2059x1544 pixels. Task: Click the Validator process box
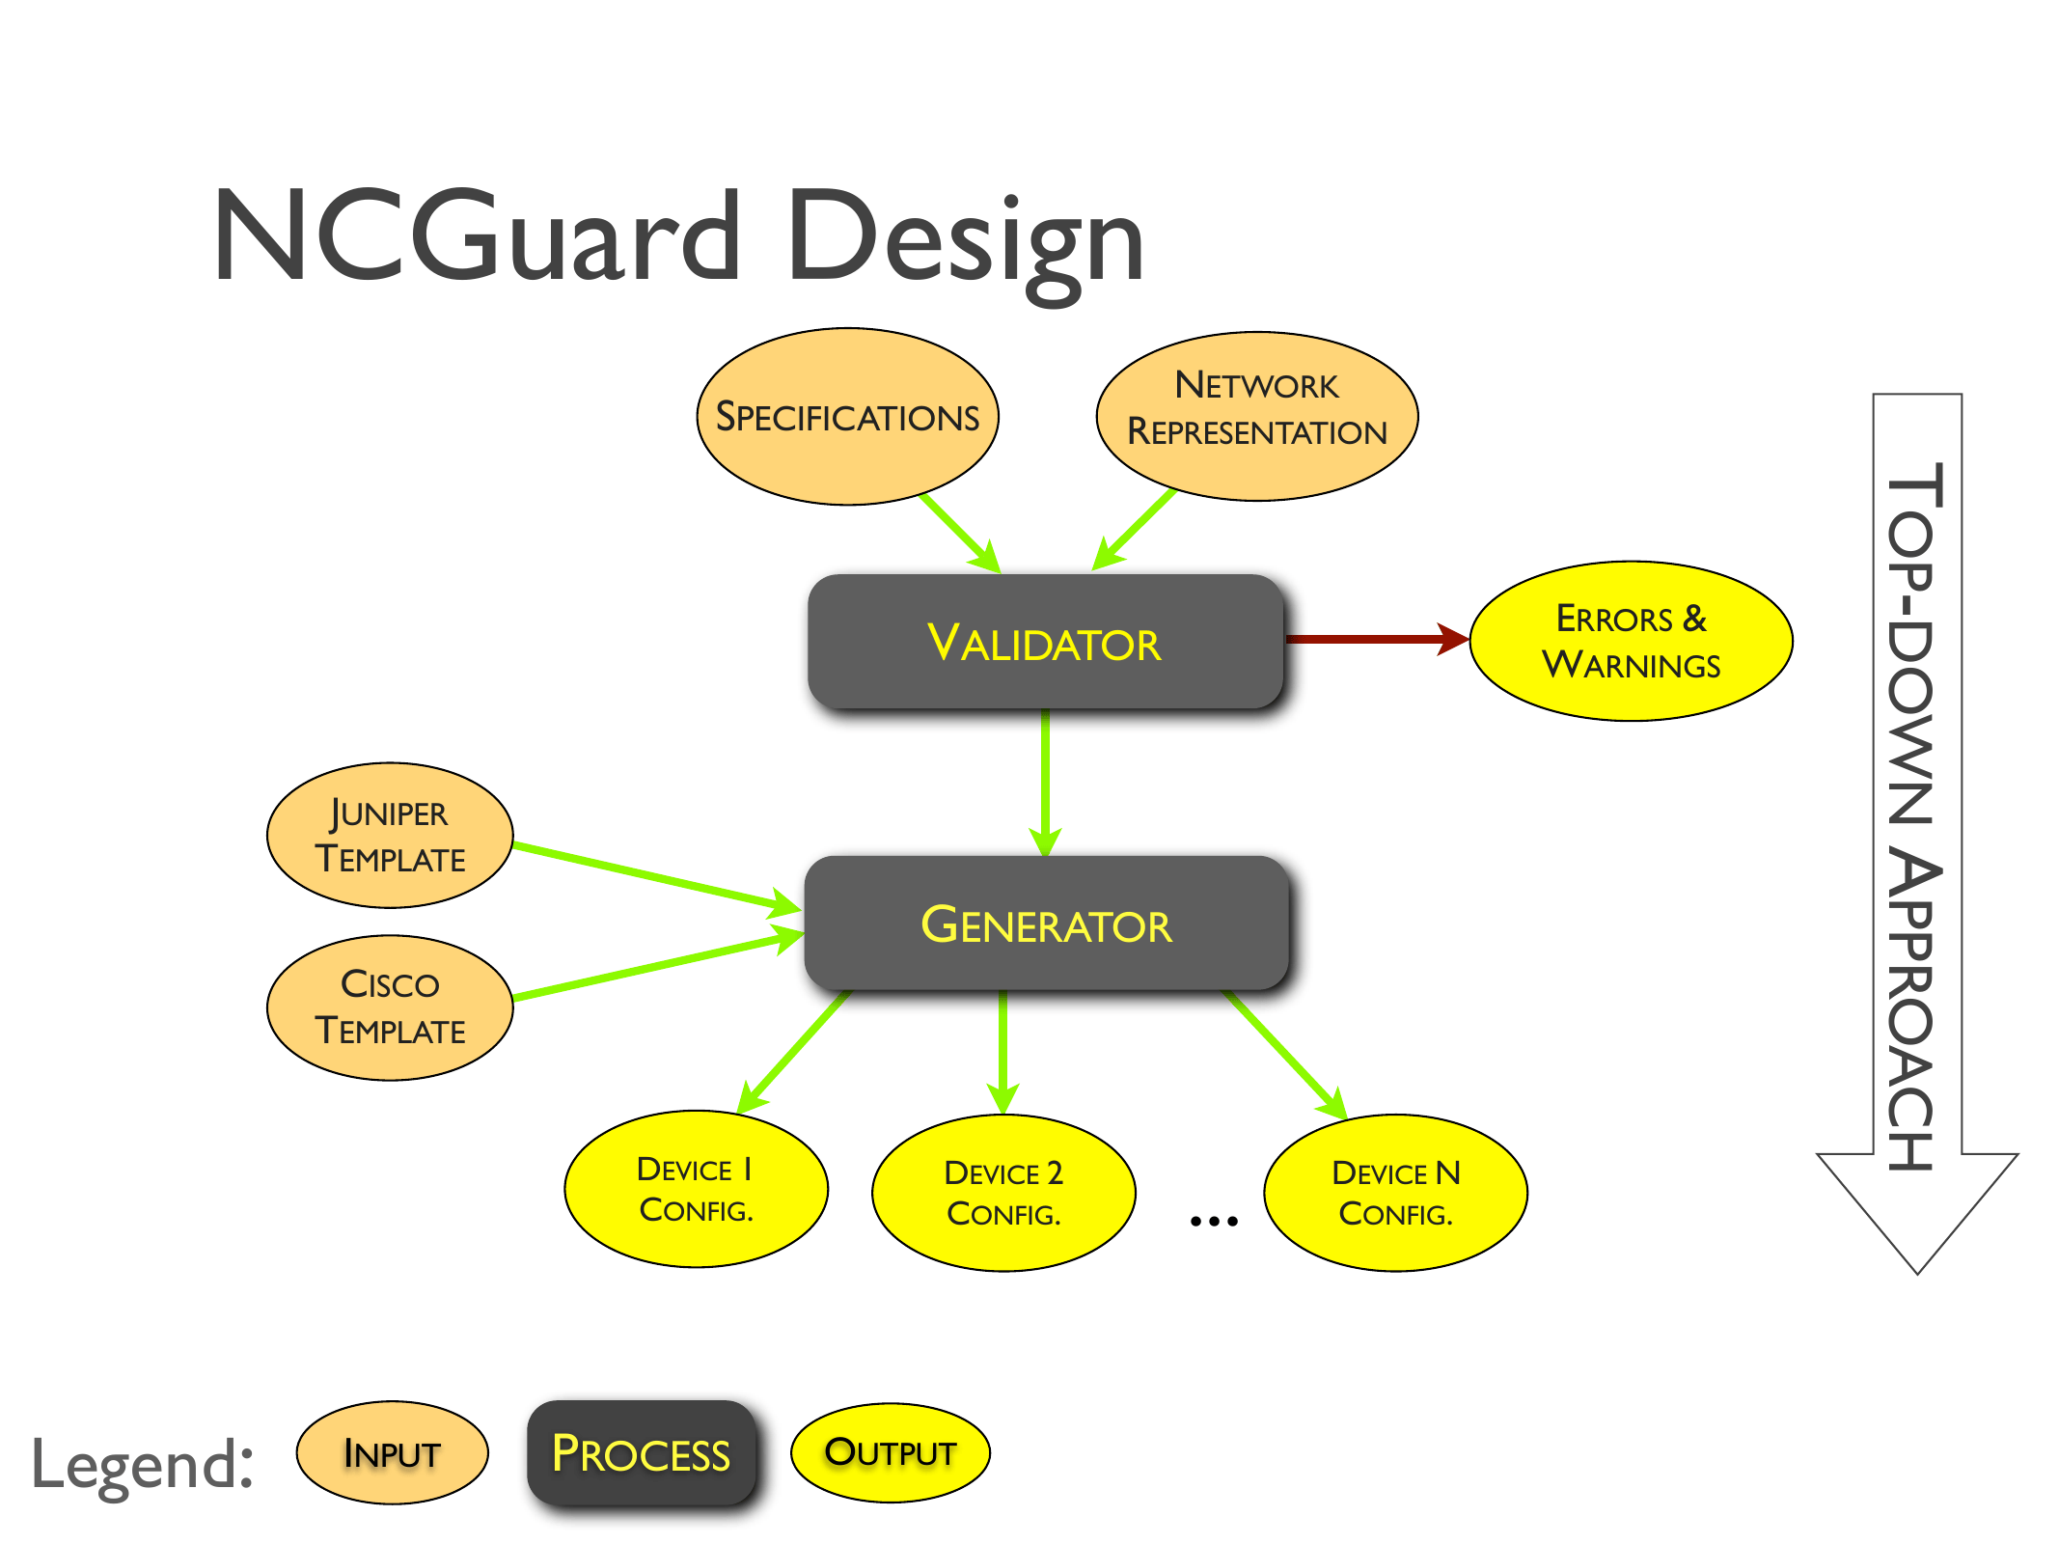point(1046,642)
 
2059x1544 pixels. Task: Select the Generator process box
point(1046,924)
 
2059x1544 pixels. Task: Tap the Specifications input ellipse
point(847,416)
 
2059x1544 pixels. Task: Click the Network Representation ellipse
point(1256,416)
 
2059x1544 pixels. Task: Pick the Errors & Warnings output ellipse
point(1631,641)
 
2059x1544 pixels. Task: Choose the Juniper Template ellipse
point(390,835)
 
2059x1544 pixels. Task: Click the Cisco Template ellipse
point(390,1006)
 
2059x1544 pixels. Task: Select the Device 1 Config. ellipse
point(696,1188)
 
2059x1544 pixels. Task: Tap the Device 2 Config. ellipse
point(1003,1192)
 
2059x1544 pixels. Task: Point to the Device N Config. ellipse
point(1395,1192)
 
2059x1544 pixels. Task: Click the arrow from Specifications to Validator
point(957,531)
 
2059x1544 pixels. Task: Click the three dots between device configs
point(1213,1221)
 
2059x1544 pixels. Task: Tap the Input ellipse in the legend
point(392,1452)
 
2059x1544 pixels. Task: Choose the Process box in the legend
point(641,1452)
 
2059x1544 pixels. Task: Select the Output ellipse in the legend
point(890,1452)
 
